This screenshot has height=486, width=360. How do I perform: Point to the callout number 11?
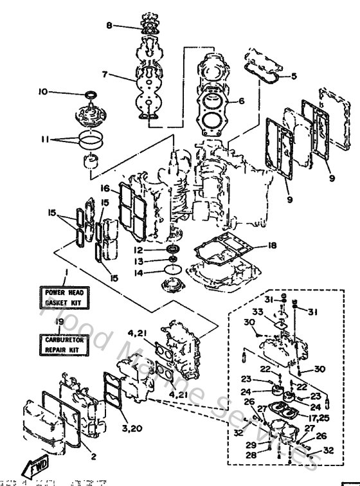[x=43, y=139]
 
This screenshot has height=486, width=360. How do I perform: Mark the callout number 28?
[x=251, y=456]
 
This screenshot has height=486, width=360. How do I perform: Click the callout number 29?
[x=251, y=445]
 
